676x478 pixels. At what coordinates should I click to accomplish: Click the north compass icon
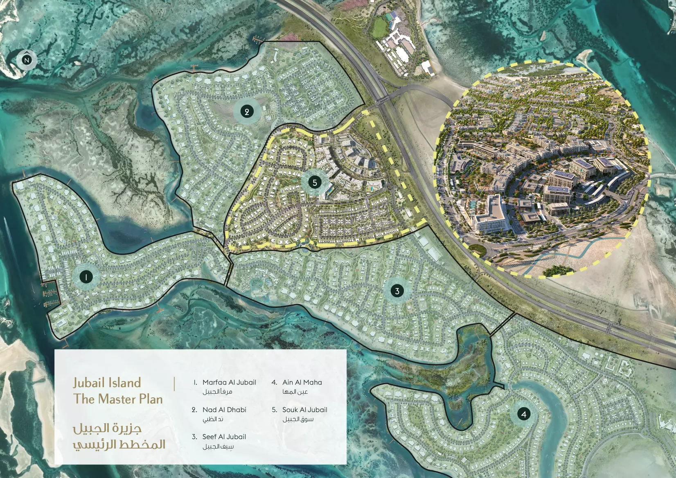tap(27, 60)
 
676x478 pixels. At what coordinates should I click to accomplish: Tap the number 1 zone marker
tap(86, 277)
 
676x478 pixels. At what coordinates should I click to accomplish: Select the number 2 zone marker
tap(247, 111)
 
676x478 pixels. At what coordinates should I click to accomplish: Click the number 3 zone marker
tap(397, 291)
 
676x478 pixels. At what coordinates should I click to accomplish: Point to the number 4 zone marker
tap(524, 414)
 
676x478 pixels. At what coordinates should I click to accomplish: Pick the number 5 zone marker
tap(315, 182)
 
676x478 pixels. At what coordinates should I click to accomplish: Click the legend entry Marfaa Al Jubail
tap(229, 382)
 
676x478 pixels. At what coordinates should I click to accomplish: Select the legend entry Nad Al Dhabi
tap(224, 410)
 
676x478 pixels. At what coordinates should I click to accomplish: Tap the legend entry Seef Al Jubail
tap(224, 437)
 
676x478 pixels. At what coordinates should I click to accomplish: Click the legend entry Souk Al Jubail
tap(304, 410)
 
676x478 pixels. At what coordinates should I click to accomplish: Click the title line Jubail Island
tap(107, 383)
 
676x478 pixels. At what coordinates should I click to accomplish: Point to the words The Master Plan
tap(118, 399)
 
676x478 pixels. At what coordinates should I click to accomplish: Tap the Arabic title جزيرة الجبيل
tap(107, 428)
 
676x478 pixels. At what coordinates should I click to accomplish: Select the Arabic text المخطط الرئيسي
tap(119, 444)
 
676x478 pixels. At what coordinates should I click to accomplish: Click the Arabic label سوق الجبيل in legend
tap(298, 419)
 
